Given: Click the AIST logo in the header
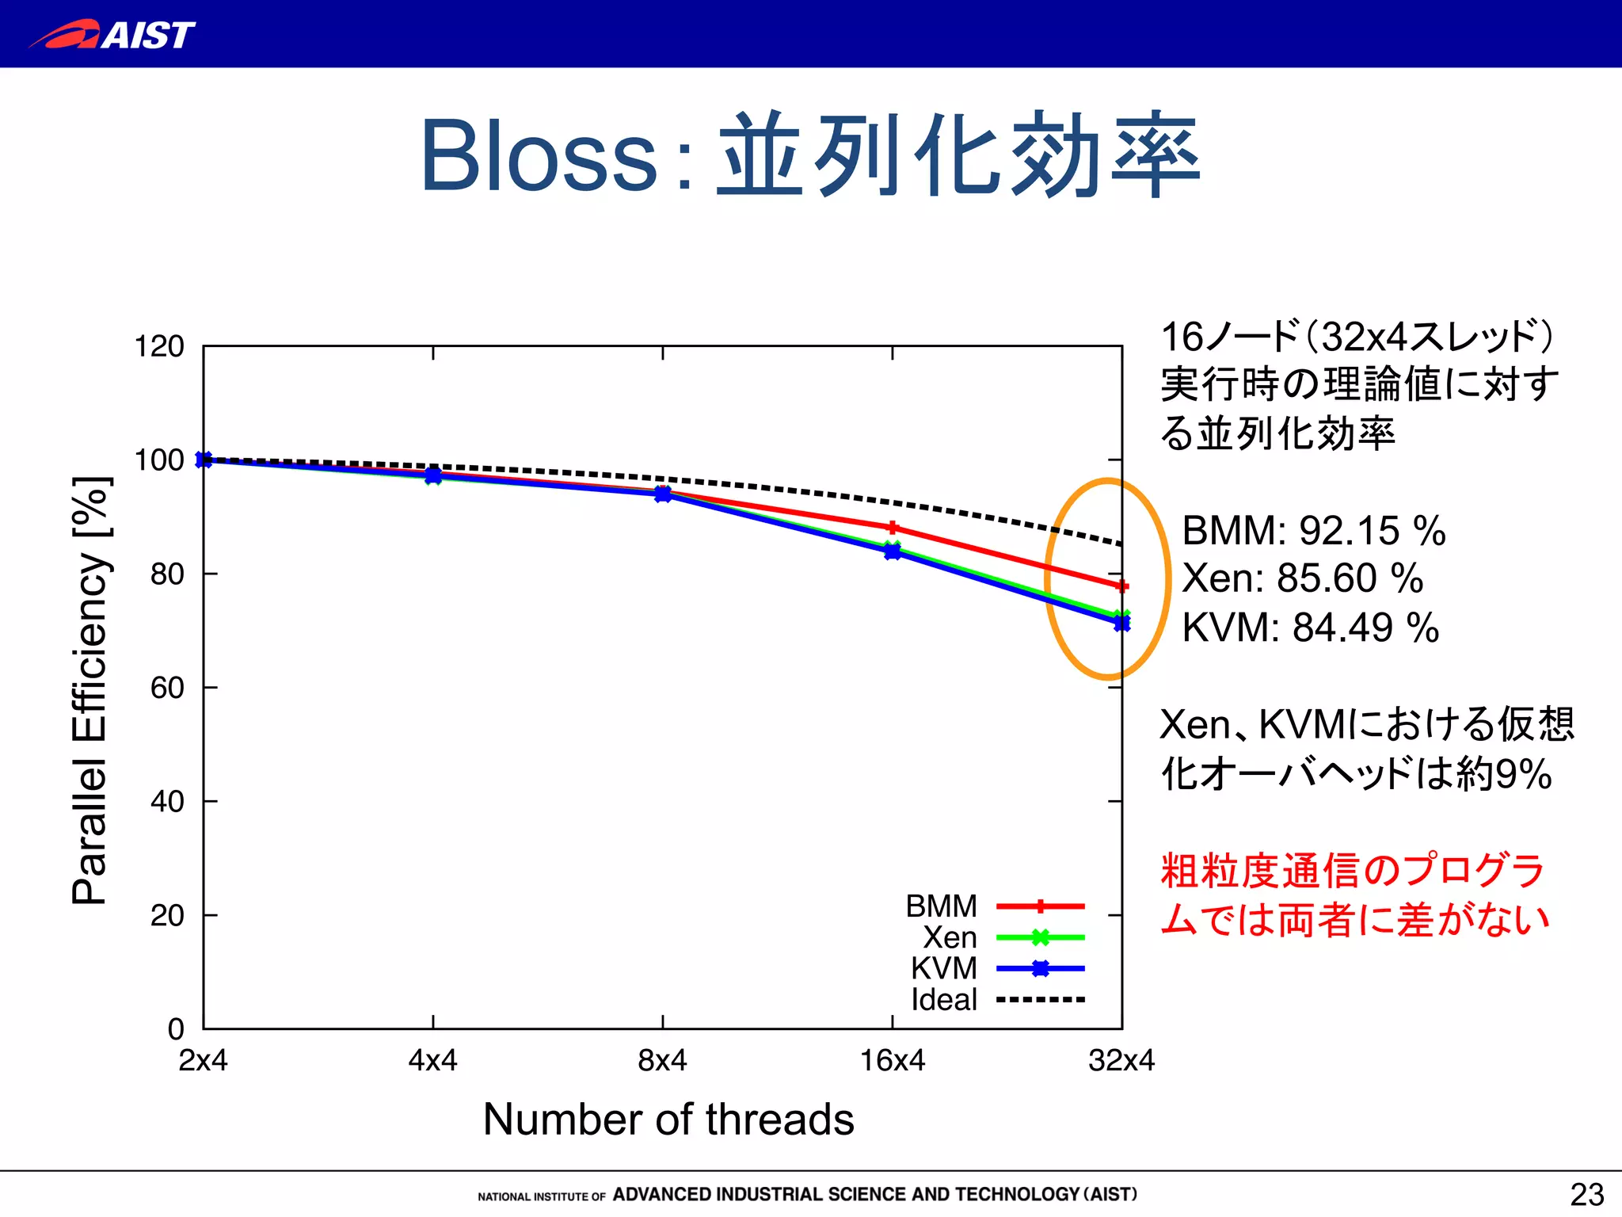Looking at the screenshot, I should [112, 35].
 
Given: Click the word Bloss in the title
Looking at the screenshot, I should [539, 156].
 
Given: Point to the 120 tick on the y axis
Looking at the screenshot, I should [159, 347].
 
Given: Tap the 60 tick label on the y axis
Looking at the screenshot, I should [167, 688].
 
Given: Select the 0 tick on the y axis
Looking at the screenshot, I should [176, 1029].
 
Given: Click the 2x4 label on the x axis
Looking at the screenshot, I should [203, 1060].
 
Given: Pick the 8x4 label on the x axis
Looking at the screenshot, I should [662, 1060].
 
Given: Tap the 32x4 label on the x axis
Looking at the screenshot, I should [1121, 1060].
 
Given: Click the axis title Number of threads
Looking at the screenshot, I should [668, 1120].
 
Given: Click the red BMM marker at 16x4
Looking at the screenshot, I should [893, 528].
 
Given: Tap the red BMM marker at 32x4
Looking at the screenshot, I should [1121, 586].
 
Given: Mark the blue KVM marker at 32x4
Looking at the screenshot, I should [1121, 624].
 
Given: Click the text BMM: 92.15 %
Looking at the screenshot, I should [1313, 531].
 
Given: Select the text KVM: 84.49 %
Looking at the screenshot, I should [1310, 628].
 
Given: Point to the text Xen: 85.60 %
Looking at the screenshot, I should [1302, 578].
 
